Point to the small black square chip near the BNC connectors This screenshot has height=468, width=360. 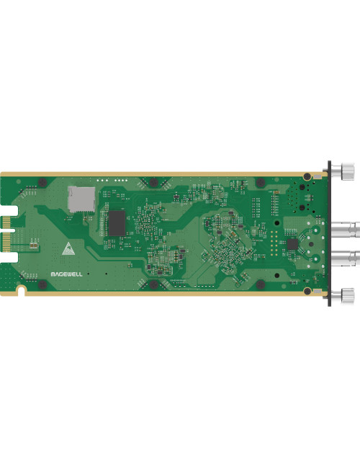pyautogui.click(x=292, y=245)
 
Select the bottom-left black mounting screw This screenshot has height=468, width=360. pyautogui.click(x=42, y=286)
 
